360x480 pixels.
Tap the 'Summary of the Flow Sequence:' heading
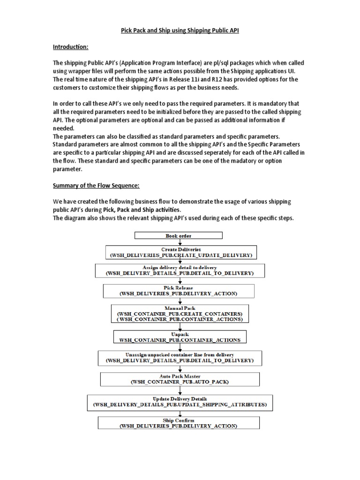pos(96,186)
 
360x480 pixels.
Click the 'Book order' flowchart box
pos(179,236)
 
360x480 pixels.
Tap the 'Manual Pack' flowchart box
pos(180,313)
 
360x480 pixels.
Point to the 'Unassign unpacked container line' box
pos(180,358)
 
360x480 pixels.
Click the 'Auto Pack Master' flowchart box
pos(180,379)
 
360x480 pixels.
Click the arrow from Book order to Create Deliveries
pos(180,243)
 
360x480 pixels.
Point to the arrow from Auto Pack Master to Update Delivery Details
pos(180,390)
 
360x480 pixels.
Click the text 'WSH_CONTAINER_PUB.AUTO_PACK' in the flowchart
pos(180,382)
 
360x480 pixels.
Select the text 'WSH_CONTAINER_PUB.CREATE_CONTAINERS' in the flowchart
pos(180,313)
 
